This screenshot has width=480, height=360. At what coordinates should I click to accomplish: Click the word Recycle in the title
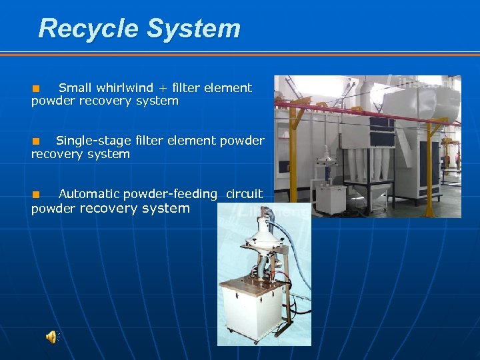point(88,29)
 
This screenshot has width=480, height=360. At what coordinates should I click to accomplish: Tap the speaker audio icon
point(51,337)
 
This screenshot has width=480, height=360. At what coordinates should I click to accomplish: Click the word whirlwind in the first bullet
point(125,88)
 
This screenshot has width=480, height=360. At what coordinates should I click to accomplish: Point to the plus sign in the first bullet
point(164,88)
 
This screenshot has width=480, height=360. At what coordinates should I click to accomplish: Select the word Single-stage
point(83,141)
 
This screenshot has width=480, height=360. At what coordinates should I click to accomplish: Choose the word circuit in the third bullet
point(244,194)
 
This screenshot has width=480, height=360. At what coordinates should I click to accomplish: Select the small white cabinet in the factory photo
point(330,199)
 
